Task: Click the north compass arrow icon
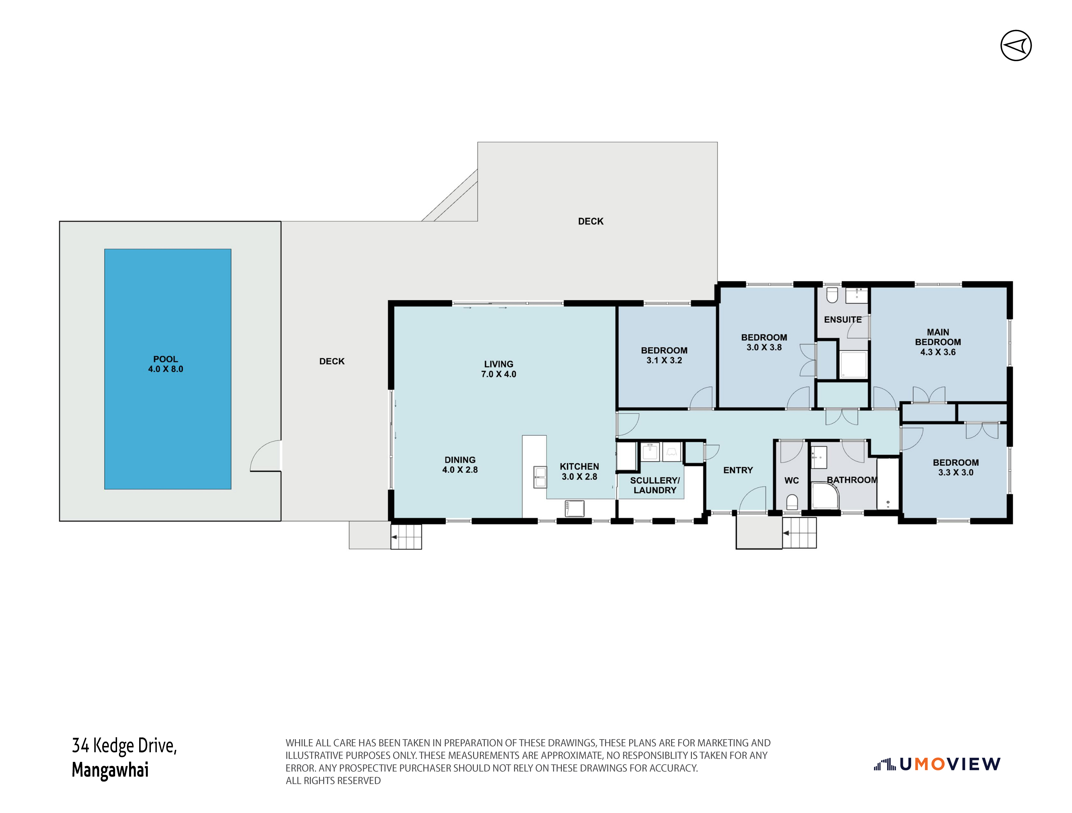click(1016, 46)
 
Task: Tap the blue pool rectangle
click(168, 369)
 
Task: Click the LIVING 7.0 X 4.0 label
click(499, 369)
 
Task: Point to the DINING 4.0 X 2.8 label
click(460, 464)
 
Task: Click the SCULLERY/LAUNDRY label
click(655, 485)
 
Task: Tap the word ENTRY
click(738, 470)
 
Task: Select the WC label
click(791, 480)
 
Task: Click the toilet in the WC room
click(792, 502)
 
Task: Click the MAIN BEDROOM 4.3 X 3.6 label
click(938, 342)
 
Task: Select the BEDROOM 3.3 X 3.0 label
click(956, 467)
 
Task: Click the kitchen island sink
click(540, 476)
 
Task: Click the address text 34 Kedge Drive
click(125, 745)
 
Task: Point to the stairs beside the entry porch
click(800, 533)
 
